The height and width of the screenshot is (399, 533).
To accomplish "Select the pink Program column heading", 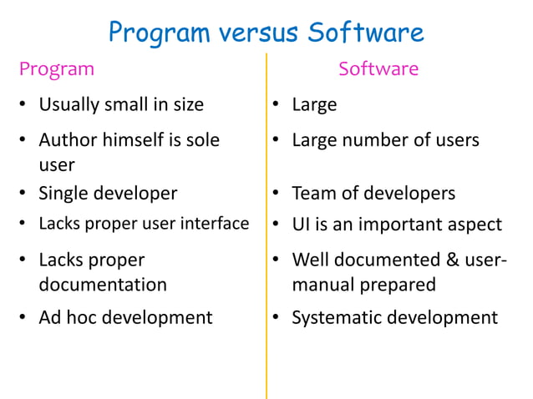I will [x=57, y=69].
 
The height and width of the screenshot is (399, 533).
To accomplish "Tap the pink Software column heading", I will [x=378, y=69].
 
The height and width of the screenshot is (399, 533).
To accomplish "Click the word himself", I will [x=135, y=140].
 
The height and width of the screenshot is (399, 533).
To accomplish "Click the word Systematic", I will [x=335, y=317].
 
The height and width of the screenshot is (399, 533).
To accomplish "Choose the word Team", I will [x=312, y=194].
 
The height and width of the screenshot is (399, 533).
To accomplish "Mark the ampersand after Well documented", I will [x=450, y=260].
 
